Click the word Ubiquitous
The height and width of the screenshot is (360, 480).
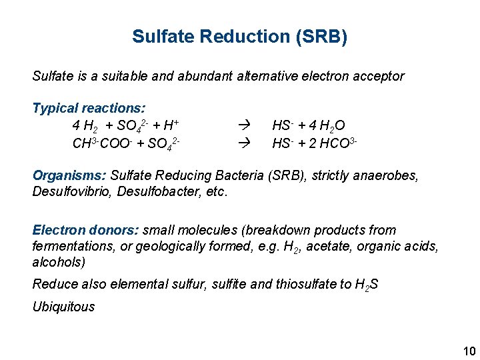click(x=63, y=307)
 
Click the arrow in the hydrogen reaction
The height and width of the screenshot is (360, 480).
click(x=243, y=125)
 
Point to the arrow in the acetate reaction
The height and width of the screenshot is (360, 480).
click(x=243, y=142)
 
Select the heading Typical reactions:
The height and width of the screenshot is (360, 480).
click(x=89, y=108)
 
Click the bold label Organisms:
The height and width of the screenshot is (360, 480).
click(x=69, y=176)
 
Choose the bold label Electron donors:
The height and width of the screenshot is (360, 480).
click(x=85, y=231)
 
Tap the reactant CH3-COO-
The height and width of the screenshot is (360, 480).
click(x=101, y=142)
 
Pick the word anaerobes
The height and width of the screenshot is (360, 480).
click(x=389, y=176)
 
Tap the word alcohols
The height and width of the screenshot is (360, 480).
click(x=58, y=262)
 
